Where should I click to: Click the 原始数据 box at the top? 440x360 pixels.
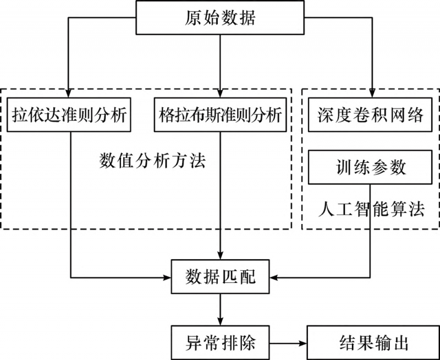219,18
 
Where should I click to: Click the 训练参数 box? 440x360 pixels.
371,167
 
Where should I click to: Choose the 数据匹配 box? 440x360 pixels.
220,277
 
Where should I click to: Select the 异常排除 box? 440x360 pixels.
220,343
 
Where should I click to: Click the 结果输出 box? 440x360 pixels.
371,343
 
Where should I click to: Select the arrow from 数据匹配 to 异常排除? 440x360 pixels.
220,309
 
